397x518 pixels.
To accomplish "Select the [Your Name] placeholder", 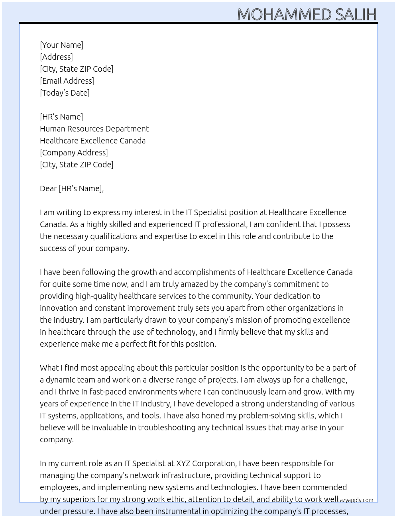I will (x=61, y=45).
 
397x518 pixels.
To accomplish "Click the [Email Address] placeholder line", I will (x=67, y=81).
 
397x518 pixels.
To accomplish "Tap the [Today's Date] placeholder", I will (x=65, y=93).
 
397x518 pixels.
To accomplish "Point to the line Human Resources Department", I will (x=94, y=129).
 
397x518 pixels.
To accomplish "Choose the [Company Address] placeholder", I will (x=74, y=153).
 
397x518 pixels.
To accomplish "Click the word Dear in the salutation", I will (x=48, y=188).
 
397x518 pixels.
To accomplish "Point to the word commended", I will (x=324, y=487).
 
